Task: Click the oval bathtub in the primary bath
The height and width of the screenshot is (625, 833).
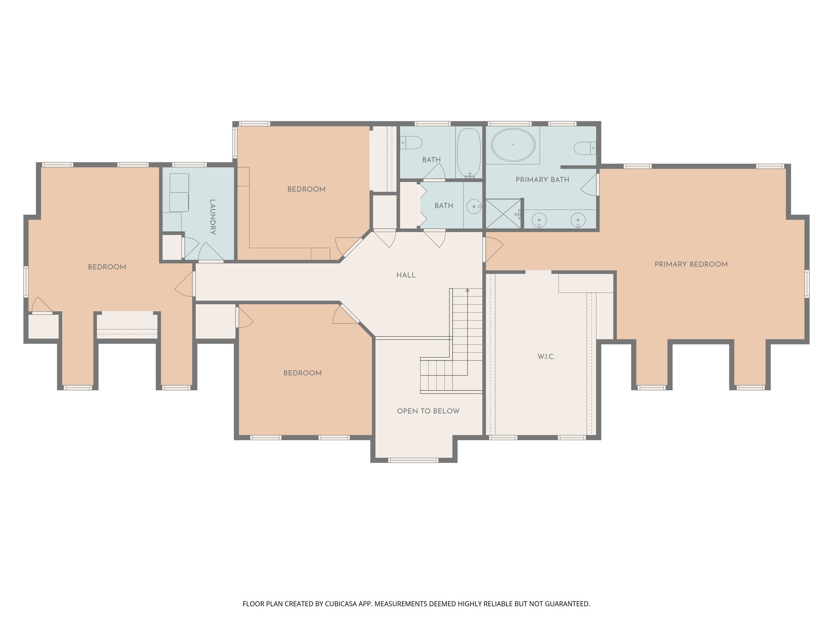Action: point(513,145)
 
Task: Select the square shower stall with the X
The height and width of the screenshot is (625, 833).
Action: point(503,214)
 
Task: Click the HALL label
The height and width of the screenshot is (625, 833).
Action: point(406,275)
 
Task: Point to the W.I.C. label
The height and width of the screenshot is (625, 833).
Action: point(546,356)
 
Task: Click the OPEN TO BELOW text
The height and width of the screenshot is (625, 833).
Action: point(428,411)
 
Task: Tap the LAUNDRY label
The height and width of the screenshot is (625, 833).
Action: point(212,217)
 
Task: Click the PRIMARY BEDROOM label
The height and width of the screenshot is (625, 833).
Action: point(691,264)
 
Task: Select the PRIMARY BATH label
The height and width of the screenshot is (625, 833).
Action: point(542,179)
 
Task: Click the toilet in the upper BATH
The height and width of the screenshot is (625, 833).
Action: point(412,143)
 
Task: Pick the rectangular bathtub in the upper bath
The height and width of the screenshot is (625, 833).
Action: point(469,153)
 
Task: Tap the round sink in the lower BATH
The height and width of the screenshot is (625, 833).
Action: point(473,207)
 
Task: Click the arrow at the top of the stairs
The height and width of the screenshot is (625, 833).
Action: point(467,291)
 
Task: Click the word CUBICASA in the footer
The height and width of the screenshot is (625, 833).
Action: point(340,604)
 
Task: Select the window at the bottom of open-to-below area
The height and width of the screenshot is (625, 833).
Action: point(413,460)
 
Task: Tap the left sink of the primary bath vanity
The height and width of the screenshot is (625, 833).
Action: point(539,220)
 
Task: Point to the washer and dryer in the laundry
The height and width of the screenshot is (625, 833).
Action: point(179,192)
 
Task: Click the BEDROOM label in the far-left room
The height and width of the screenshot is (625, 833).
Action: point(107,267)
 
